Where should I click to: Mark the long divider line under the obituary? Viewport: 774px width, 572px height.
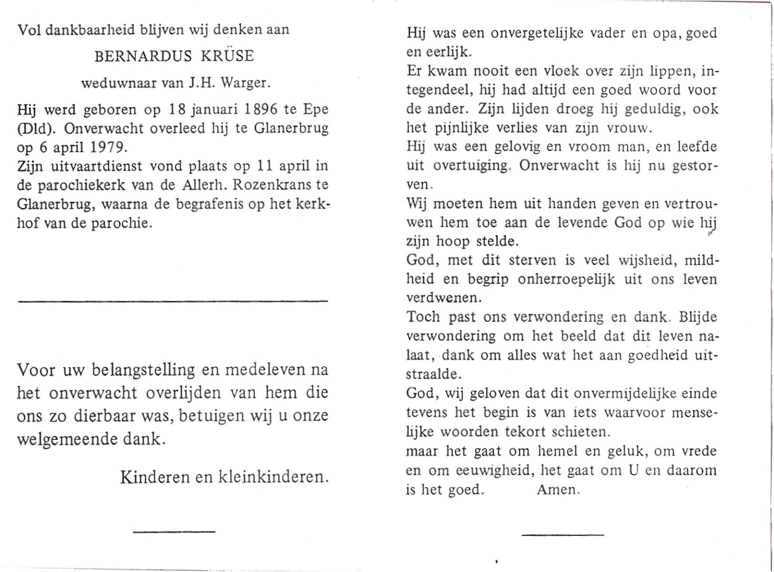pyautogui.click(x=172, y=300)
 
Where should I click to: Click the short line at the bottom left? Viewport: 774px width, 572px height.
pyautogui.click(x=174, y=531)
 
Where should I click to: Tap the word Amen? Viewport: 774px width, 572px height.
pyautogui.click(x=558, y=490)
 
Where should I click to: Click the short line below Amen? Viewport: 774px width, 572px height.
pyautogui.click(x=563, y=535)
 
